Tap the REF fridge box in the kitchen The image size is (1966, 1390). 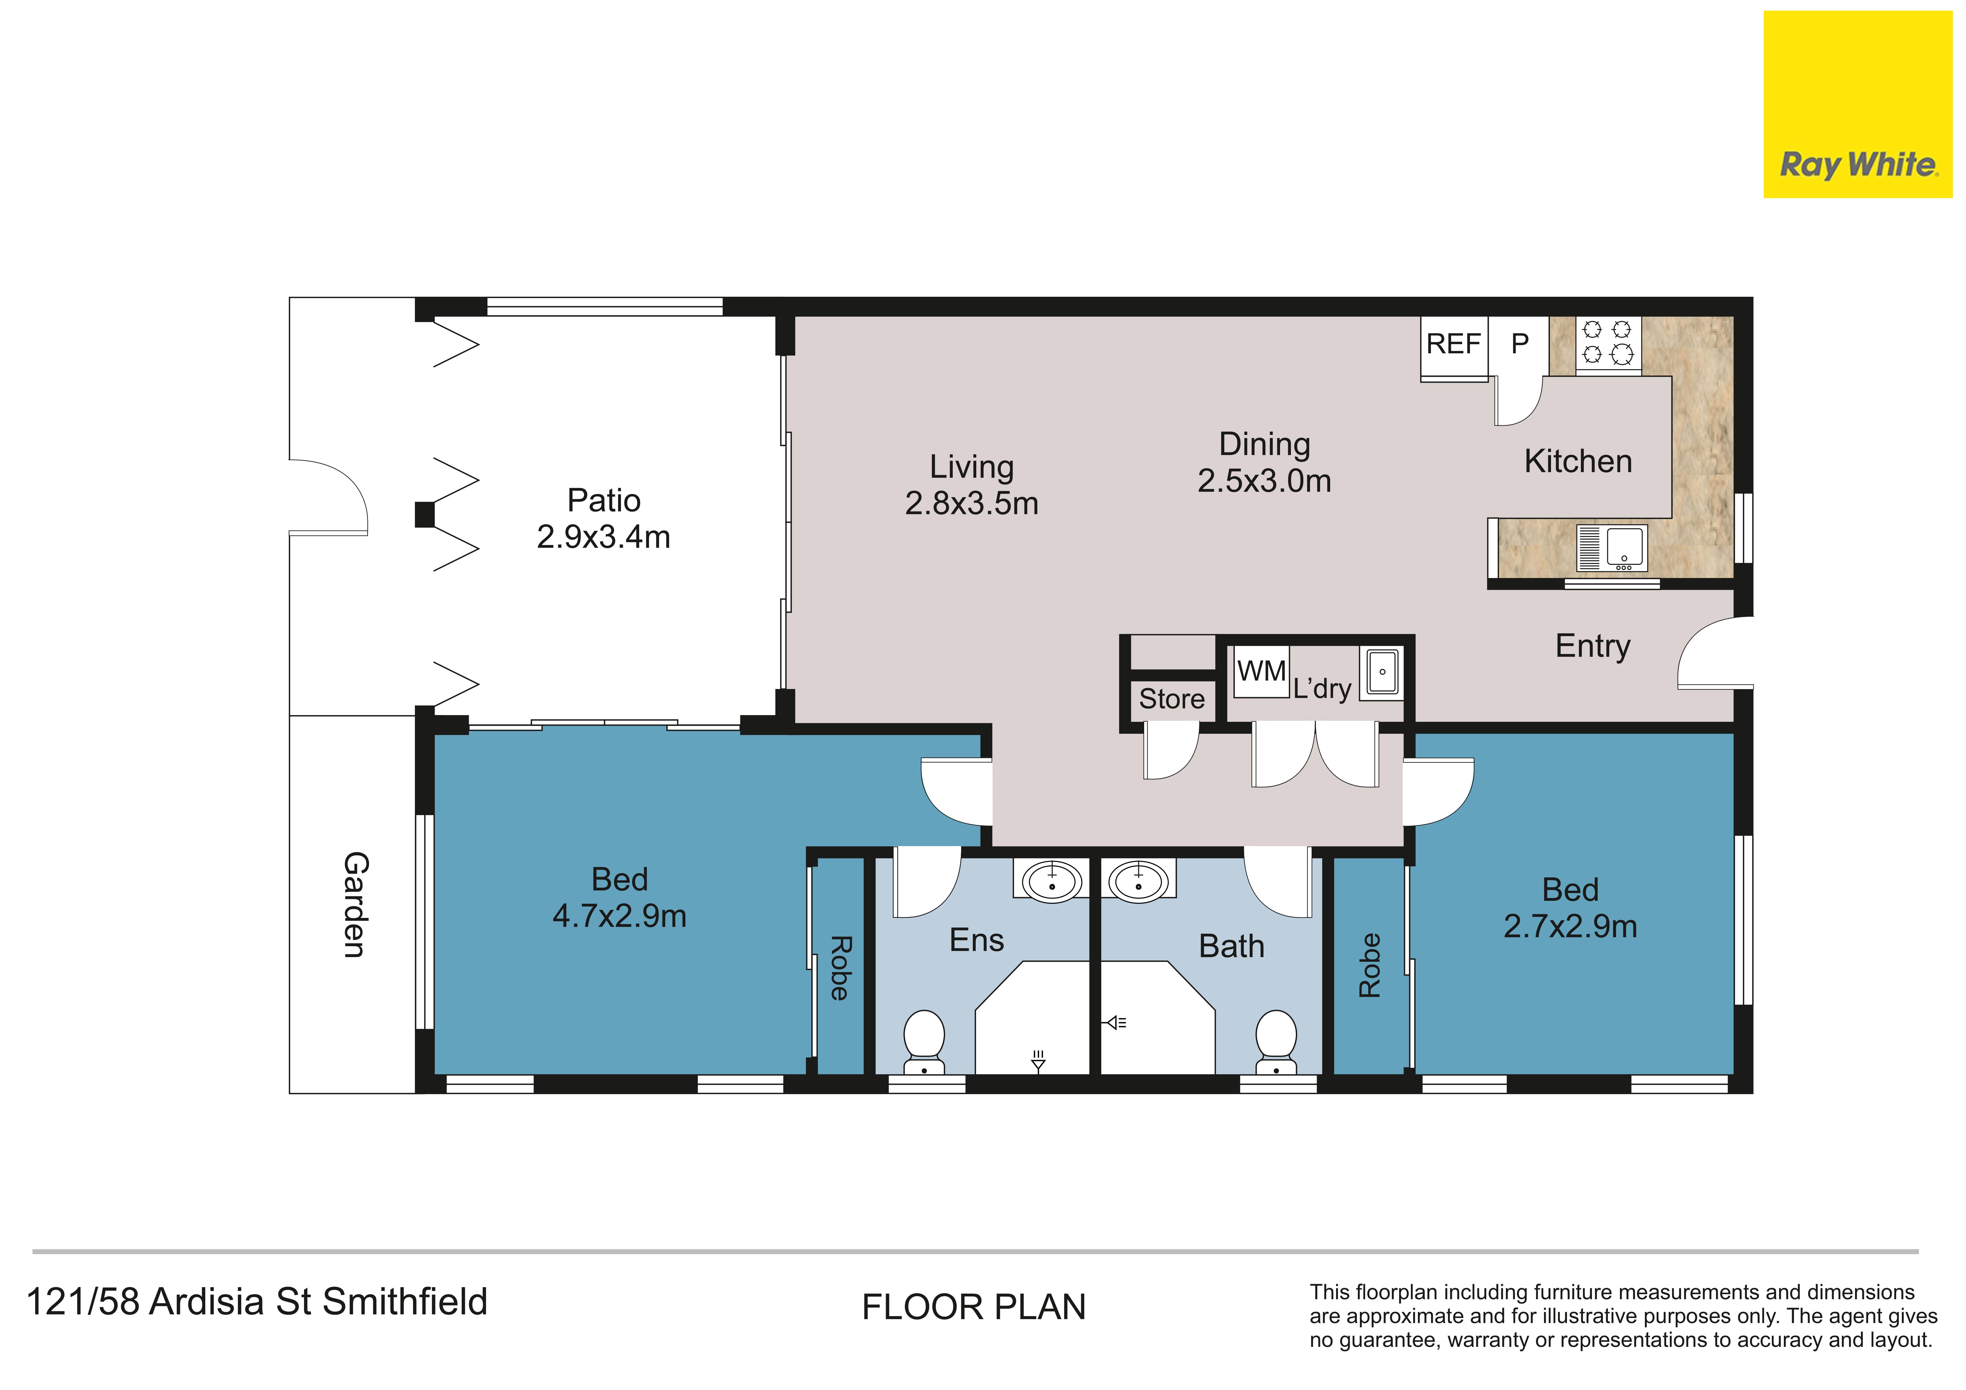coord(1454,347)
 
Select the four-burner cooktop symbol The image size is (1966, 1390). coord(1608,343)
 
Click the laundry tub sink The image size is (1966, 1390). coord(1381,671)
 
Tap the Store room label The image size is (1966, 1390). coord(1171,699)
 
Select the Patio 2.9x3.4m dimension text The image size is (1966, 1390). coord(604,537)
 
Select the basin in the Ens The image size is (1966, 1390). coord(1051,881)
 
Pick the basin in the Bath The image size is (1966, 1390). coord(1138,881)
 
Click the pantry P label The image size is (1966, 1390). coord(1520,344)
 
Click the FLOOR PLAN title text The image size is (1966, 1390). coord(973,1307)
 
